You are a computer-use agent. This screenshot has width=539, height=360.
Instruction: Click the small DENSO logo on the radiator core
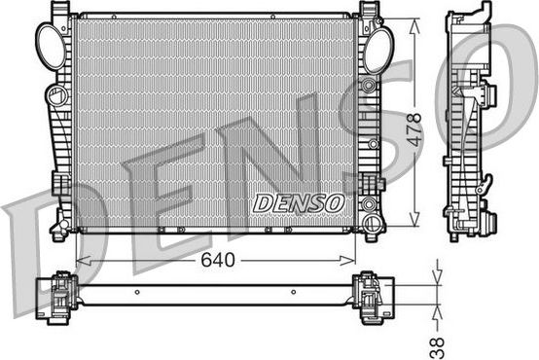(x=299, y=202)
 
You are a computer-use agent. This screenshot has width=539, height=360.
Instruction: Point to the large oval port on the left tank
(x=51, y=42)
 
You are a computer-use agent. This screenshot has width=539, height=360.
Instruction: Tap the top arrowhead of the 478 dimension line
(x=416, y=21)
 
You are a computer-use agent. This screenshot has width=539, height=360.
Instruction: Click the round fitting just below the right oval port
(x=368, y=86)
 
